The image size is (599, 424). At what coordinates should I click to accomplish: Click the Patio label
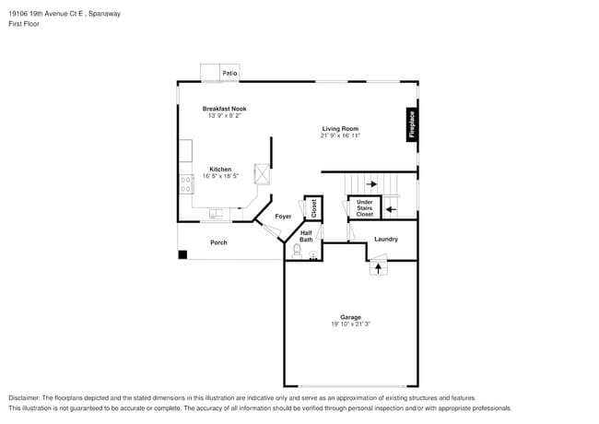pos(229,72)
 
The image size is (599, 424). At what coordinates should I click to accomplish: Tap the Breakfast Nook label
pos(225,109)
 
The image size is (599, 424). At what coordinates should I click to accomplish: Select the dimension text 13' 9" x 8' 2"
pos(225,116)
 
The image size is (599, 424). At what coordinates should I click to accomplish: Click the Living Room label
pos(340,128)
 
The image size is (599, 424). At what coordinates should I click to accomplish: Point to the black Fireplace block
pos(412,124)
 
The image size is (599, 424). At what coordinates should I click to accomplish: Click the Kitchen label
pos(220,169)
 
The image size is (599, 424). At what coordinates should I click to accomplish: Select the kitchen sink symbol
pos(217,214)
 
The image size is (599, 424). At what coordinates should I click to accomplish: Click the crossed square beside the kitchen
pos(263,173)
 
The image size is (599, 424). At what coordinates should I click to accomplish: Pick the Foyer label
pos(283,216)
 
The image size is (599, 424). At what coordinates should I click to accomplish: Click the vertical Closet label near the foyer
pos(313,207)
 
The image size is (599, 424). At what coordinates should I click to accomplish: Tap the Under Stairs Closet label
pos(364,207)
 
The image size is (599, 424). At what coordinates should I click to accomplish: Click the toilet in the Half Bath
pos(298,249)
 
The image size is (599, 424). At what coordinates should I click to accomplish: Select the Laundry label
pos(386,239)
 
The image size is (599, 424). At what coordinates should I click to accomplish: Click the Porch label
pos(218,242)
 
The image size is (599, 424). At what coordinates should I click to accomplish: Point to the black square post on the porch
pos(182,254)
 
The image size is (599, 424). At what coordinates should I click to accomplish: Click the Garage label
pos(350,317)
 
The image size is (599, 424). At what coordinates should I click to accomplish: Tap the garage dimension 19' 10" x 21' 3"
pos(350,324)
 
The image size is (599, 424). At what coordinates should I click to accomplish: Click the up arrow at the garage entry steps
pos(376,268)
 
